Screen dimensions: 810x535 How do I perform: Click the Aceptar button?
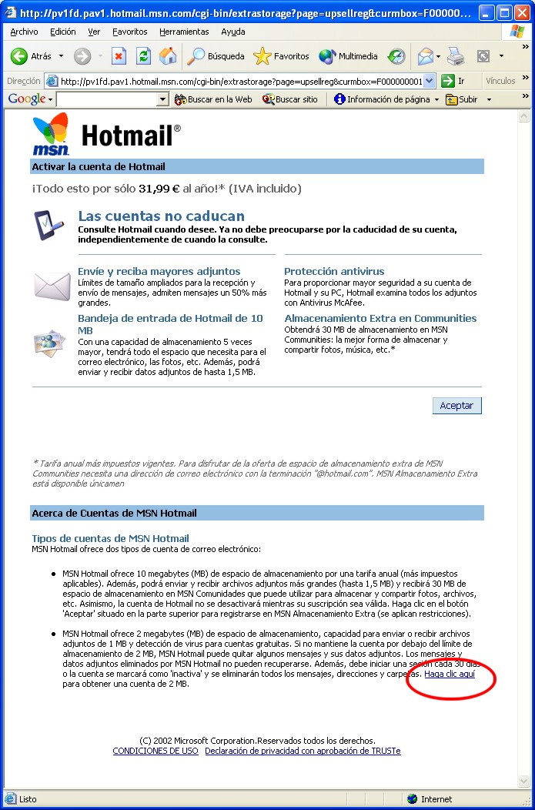click(x=456, y=406)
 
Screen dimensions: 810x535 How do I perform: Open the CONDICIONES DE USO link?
click(x=155, y=751)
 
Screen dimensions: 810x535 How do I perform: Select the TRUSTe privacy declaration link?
click(x=303, y=751)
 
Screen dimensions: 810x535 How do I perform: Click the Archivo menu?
click(x=24, y=32)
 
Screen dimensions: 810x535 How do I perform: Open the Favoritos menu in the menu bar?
click(x=129, y=32)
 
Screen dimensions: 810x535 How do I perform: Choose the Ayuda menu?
click(x=232, y=32)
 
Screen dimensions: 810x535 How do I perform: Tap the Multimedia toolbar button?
click(x=349, y=56)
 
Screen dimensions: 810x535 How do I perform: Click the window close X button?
click(x=523, y=12)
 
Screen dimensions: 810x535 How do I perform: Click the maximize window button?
click(x=505, y=12)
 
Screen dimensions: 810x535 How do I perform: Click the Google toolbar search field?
click(x=107, y=99)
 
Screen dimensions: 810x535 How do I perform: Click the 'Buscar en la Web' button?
click(x=213, y=99)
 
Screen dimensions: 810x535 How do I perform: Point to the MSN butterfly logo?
click(x=51, y=133)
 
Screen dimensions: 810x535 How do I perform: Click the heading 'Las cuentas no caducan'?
click(x=161, y=216)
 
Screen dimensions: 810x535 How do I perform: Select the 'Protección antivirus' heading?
click(x=334, y=271)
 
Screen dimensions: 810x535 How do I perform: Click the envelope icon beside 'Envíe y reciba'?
click(x=52, y=286)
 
